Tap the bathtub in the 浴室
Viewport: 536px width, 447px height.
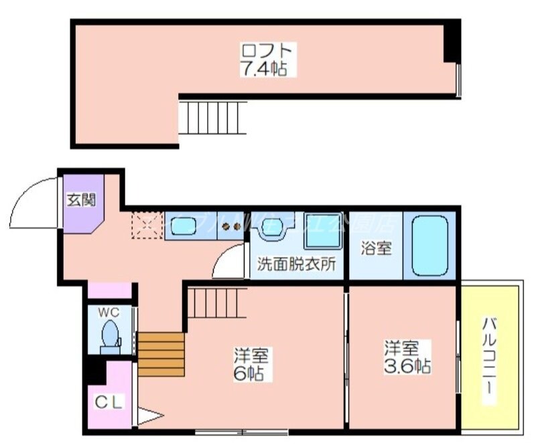(x=429, y=245)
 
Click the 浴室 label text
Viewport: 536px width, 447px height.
(x=376, y=248)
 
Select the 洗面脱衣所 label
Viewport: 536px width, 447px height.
(x=297, y=264)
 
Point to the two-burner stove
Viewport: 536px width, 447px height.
(x=231, y=226)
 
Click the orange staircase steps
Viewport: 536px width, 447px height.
(x=161, y=355)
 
